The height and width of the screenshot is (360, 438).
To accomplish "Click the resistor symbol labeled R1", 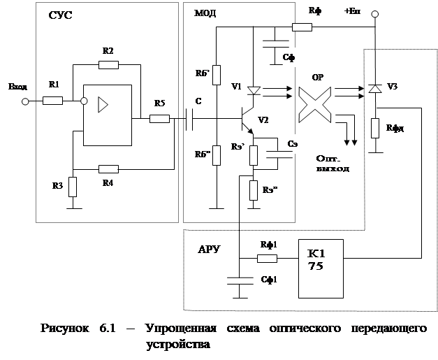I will [x=53, y=101].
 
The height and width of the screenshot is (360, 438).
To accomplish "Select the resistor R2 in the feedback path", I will [x=108, y=65].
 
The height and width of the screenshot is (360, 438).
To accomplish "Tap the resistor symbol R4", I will [x=108, y=168].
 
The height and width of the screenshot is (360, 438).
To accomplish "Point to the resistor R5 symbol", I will [x=160, y=119].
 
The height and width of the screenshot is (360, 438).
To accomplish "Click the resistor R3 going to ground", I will [x=72, y=187].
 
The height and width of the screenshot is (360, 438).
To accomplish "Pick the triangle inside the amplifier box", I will [x=103, y=106].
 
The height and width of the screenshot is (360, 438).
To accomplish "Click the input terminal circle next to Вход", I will [x=25, y=101].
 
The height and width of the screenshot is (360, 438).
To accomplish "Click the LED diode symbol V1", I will [x=254, y=90].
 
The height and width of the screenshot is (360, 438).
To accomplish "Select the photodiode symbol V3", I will [x=374, y=89].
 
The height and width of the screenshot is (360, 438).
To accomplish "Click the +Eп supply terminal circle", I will [x=374, y=13].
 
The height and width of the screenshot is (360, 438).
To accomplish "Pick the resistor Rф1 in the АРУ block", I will [x=268, y=258].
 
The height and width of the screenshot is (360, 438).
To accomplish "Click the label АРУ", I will [x=210, y=249].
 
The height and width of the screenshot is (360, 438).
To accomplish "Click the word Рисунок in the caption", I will [x=64, y=329].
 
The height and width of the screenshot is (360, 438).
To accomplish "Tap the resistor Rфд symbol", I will [x=374, y=128].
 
